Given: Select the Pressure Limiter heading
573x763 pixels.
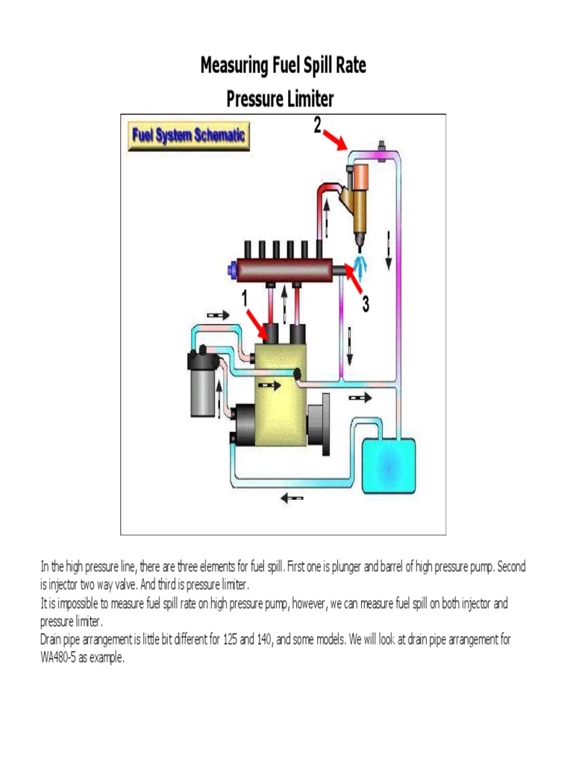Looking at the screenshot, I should pyautogui.click(x=280, y=98).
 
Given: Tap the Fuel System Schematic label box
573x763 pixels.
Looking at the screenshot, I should pyautogui.click(x=190, y=136).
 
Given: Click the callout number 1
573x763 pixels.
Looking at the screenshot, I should pyautogui.click(x=243, y=298).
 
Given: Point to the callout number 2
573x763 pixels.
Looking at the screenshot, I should pyautogui.click(x=317, y=125).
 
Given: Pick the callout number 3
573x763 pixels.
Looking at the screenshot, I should pyautogui.click(x=365, y=305).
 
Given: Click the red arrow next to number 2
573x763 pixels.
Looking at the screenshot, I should pyautogui.click(x=334, y=139).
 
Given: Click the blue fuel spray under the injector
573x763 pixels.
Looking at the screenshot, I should pyautogui.click(x=362, y=262).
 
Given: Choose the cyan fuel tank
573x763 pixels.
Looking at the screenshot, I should pyautogui.click(x=388, y=465).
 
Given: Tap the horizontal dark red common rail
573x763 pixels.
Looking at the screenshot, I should pyautogui.click(x=284, y=270).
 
